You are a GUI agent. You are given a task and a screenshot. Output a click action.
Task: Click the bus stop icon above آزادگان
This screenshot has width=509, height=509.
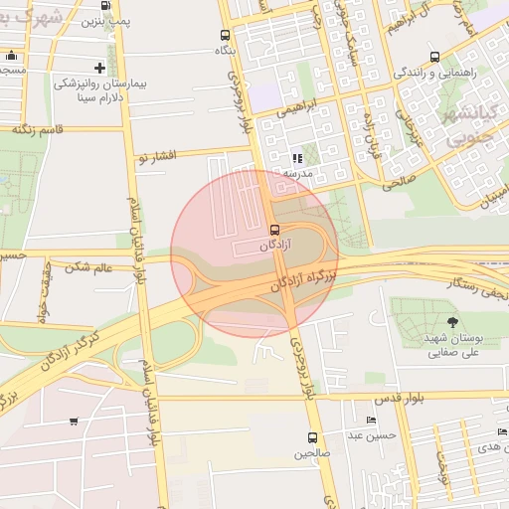click(275, 230)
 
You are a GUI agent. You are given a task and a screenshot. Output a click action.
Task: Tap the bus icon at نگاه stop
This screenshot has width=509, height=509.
click(225, 35)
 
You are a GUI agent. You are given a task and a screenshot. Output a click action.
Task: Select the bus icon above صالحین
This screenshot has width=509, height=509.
click(312, 437)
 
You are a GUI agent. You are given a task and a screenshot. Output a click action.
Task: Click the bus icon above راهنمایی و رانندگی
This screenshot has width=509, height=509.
click(434, 58)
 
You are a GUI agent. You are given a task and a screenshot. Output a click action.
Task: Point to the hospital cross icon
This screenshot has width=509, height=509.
click(98, 67)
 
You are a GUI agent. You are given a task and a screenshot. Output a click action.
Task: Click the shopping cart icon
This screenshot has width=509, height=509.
click(75, 422)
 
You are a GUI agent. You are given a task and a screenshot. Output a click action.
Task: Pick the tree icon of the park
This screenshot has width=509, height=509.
click(453, 321)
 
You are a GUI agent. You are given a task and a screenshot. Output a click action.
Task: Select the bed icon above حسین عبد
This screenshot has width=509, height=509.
click(370, 421)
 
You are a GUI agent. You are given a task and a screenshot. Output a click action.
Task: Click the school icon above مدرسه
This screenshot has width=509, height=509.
click(296, 158)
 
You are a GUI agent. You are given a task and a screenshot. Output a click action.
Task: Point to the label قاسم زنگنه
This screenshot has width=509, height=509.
click(38, 128)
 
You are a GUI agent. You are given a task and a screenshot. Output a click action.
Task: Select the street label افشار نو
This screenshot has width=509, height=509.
click(157, 157)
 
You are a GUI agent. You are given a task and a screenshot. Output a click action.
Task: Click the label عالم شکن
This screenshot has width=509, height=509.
click(88, 265)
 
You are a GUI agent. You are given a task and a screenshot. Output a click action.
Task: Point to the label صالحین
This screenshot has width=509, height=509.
click(312, 454)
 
